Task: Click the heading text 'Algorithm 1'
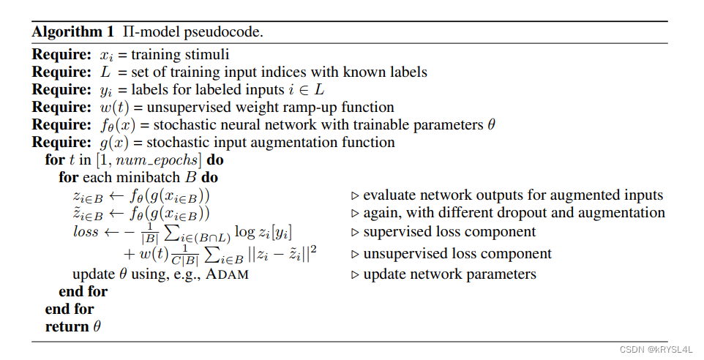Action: pyautogui.click(x=66, y=32)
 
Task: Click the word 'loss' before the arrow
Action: pyautogui.click(x=86, y=231)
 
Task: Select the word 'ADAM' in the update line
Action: pyautogui.click(x=228, y=274)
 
